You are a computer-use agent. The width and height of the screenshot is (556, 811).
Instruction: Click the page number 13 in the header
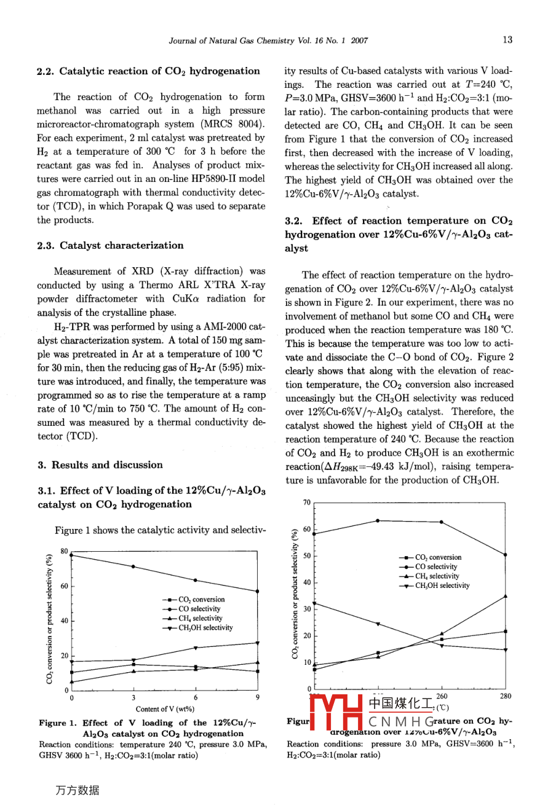507,41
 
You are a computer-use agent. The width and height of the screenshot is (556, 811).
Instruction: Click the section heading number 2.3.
46,246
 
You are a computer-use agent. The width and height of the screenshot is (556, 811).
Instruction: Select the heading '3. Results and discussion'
100,465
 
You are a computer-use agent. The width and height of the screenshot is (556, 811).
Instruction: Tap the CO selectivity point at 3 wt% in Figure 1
133,566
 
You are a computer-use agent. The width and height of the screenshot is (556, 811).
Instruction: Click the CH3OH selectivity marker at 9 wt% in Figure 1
257,643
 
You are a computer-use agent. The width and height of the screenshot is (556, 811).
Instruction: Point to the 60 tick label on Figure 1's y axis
64,586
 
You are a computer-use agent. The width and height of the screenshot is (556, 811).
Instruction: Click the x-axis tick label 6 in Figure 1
196,697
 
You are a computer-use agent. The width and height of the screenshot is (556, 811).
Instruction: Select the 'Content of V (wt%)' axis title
165,709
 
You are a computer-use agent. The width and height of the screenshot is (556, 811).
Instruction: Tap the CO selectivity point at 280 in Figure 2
505,555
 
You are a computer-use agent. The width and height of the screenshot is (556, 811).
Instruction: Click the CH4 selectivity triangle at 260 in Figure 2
442,634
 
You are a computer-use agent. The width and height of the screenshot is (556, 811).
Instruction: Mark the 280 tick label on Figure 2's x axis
505,696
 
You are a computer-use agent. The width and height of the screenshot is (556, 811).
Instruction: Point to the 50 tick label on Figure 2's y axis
308,556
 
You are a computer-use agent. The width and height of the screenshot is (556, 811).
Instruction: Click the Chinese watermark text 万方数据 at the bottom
77,791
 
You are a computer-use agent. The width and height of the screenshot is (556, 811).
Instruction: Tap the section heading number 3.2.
294,221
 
